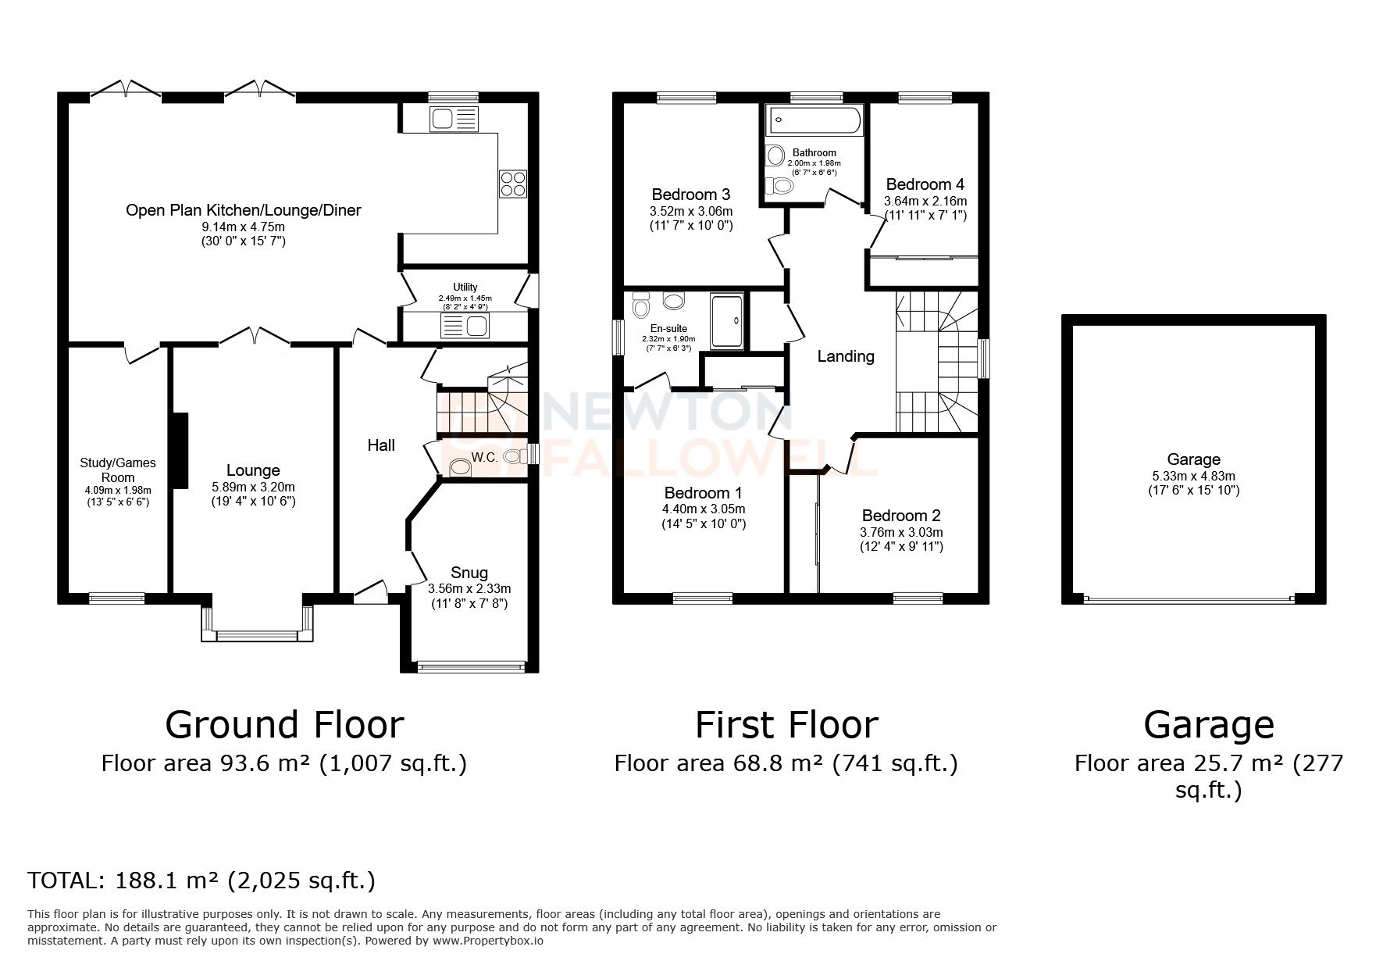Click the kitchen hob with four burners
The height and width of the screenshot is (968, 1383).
tap(513, 184)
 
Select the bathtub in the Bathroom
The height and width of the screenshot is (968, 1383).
tap(814, 120)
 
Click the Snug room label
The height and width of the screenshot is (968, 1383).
tap(469, 573)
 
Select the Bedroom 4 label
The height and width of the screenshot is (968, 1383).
tap(925, 184)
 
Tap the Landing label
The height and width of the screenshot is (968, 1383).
tap(845, 356)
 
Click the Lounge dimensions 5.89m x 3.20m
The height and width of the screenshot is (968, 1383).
tap(253, 486)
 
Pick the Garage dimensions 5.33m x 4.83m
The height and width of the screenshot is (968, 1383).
tap(1193, 476)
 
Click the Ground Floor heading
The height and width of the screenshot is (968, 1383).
tap(284, 724)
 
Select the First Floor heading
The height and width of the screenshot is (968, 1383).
tap(786, 724)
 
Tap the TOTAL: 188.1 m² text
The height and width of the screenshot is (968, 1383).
tap(201, 880)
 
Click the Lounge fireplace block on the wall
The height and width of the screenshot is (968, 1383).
tap(180, 451)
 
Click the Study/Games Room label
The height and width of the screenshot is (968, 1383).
tap(118, 470)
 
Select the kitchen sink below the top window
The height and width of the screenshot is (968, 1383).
tap(452, 120)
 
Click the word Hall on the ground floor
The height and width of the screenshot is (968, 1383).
tap(381, 445)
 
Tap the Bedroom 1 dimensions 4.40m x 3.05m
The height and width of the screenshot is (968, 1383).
tap(704, 509)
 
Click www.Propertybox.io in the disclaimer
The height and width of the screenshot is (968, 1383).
tap(488, 941)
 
